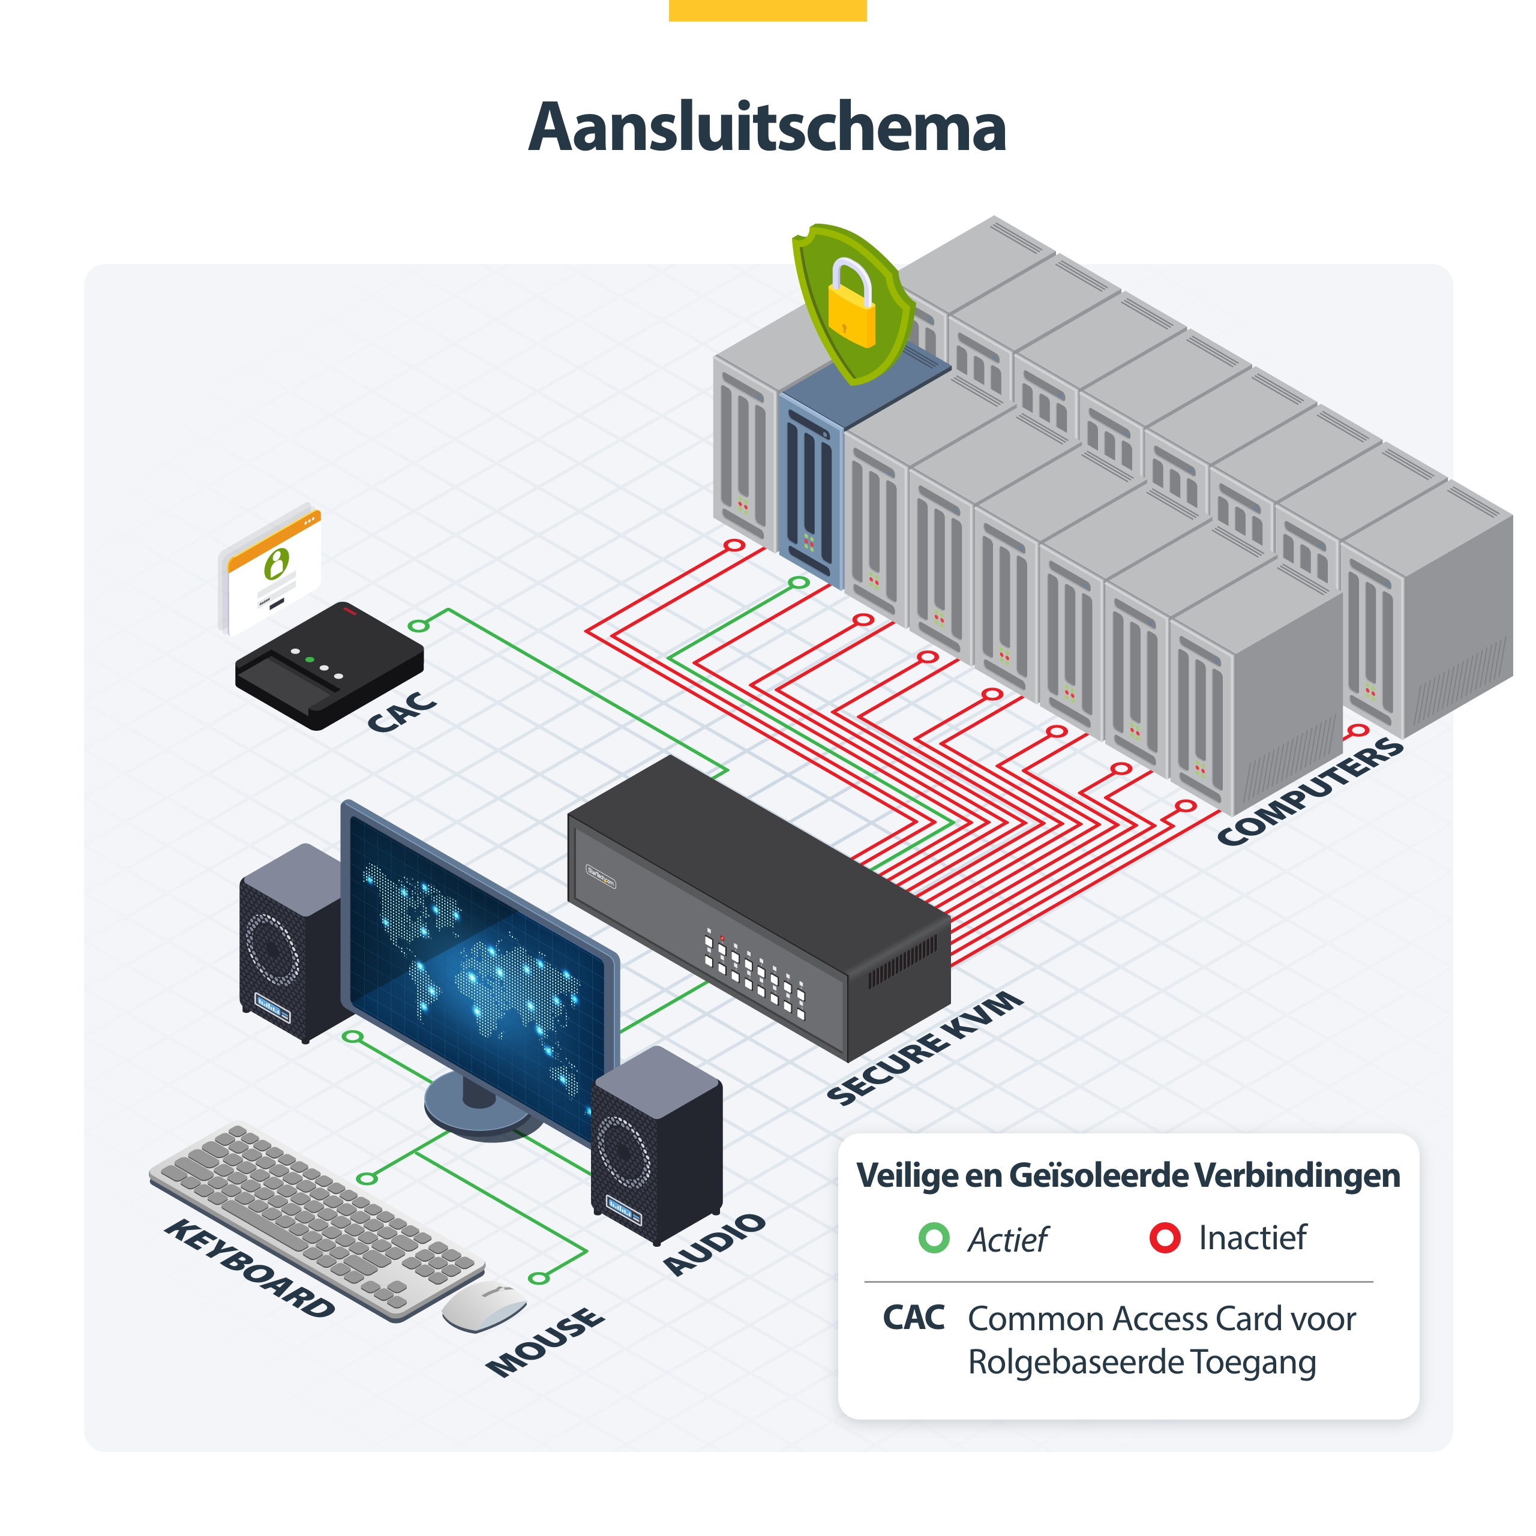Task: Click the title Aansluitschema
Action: coord(767,127)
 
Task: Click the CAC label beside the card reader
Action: coord(401,712)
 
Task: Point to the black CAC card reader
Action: coord(329,665)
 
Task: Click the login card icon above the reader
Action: coord(271,568)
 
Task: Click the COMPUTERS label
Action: coord(1311,790)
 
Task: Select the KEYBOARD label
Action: coord(250,1267)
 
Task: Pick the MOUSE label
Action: coord(545,1342)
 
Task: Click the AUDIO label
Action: coord(715,1244)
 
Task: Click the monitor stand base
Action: coord(481,1108)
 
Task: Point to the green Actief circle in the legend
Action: coord(934,1238)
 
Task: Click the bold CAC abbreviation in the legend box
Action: coord(913,1318)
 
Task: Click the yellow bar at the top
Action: coord(767,10)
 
